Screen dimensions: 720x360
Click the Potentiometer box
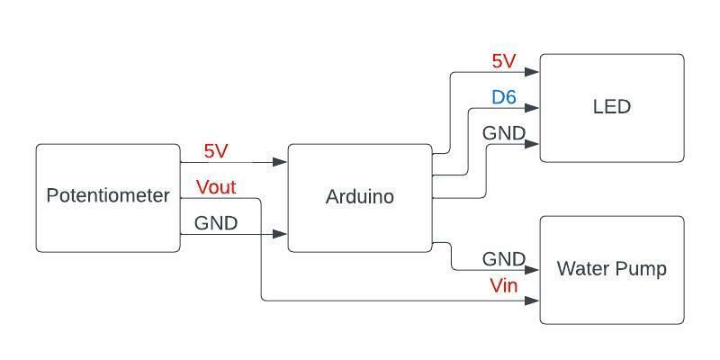108,198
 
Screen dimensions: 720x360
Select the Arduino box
360,198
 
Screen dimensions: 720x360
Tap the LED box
612,108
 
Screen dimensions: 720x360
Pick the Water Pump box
612,270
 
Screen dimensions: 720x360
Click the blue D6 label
504,97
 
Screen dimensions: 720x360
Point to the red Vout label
216,187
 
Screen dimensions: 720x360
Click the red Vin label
504,286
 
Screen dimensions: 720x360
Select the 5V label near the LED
504,61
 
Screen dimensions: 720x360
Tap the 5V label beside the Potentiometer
216,151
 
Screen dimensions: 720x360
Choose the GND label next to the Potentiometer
216,223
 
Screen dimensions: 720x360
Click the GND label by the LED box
504,133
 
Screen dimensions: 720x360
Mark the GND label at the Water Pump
504,259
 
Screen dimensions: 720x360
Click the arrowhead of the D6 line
532,108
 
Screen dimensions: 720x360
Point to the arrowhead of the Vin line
532,301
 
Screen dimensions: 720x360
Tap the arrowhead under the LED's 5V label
532,72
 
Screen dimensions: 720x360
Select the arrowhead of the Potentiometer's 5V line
280,162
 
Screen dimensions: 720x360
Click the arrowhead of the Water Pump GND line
532,270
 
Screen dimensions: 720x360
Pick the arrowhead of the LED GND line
532,144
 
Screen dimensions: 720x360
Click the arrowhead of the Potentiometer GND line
280,234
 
